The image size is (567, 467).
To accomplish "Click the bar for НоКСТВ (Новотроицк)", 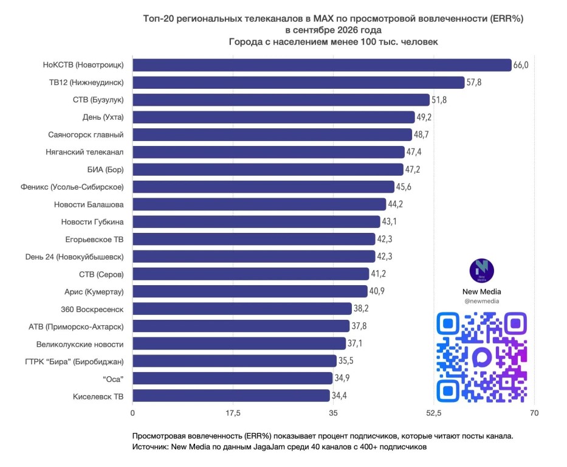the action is click(322, 65).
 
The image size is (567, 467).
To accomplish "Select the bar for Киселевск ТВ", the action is click(231, 395).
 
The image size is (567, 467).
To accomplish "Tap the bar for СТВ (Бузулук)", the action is click(281, 100).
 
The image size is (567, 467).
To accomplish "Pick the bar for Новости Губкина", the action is click(256, 222).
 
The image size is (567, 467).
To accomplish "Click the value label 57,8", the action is click(473, 83).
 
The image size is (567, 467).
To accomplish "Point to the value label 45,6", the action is click(404, 187).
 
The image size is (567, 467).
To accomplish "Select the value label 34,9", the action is click(342, 378).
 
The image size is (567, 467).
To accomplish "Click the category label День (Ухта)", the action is click(103, 117).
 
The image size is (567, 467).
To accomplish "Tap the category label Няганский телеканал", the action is click(84, 152).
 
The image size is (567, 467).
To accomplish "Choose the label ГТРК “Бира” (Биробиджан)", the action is click(74, 362).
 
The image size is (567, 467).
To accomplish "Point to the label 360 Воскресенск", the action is click(92, 310).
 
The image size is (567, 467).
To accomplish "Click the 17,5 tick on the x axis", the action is click(233, 413).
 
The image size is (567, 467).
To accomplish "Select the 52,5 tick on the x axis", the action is click(433, 413).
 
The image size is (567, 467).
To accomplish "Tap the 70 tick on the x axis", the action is click(534, 413).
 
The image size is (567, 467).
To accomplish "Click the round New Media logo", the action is click(482, 271).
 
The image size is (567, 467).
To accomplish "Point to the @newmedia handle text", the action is click(482, 301).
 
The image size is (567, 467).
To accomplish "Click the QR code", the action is click(482, 358).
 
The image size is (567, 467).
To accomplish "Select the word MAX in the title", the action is click(324, 18).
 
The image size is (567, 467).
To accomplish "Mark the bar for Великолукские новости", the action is click(239, 344).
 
